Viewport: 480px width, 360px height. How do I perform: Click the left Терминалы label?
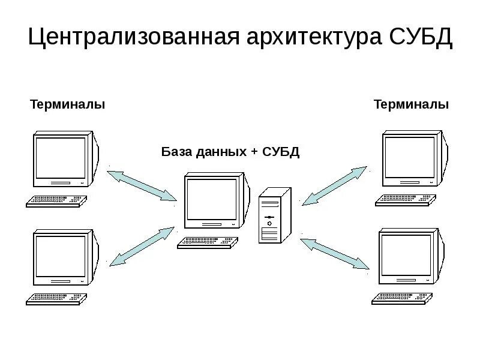[x=68, y=105]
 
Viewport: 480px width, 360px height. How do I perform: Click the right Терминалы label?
[x=411, y=105]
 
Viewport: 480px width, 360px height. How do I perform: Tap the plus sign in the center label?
[x=255, y=152]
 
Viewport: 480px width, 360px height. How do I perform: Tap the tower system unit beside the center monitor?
[x=274, y=215]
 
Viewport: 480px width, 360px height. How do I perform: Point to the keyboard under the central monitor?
[x=208, y=243]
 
